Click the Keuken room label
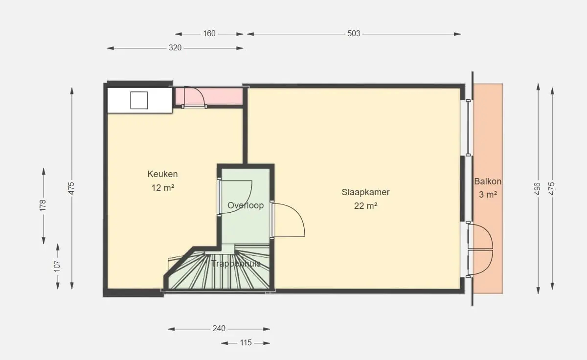click(x=162, y=174)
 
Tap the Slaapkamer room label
click(x=365, y=192)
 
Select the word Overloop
click(x=246, y=205)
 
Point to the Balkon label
click(x=488, y=181)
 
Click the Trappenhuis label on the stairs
click(x=236, y=263)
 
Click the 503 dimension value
click(x=354, y=34)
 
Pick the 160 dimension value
click(x=209, y=34)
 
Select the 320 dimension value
click(x=175, y=47)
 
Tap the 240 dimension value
click(x=219, y=329)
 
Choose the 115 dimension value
click(x=246, y=343)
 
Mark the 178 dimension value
click(x=43, y=205)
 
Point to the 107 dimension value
click(x=57, y=267)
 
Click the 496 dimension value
click(x=538, y=189)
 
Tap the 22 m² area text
click(x=365, y=206)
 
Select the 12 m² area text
click(x=163, y=188)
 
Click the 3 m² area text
click(x=488, y=195)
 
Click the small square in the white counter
click(x=139, y=100)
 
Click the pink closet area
click(x=208, y=96)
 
